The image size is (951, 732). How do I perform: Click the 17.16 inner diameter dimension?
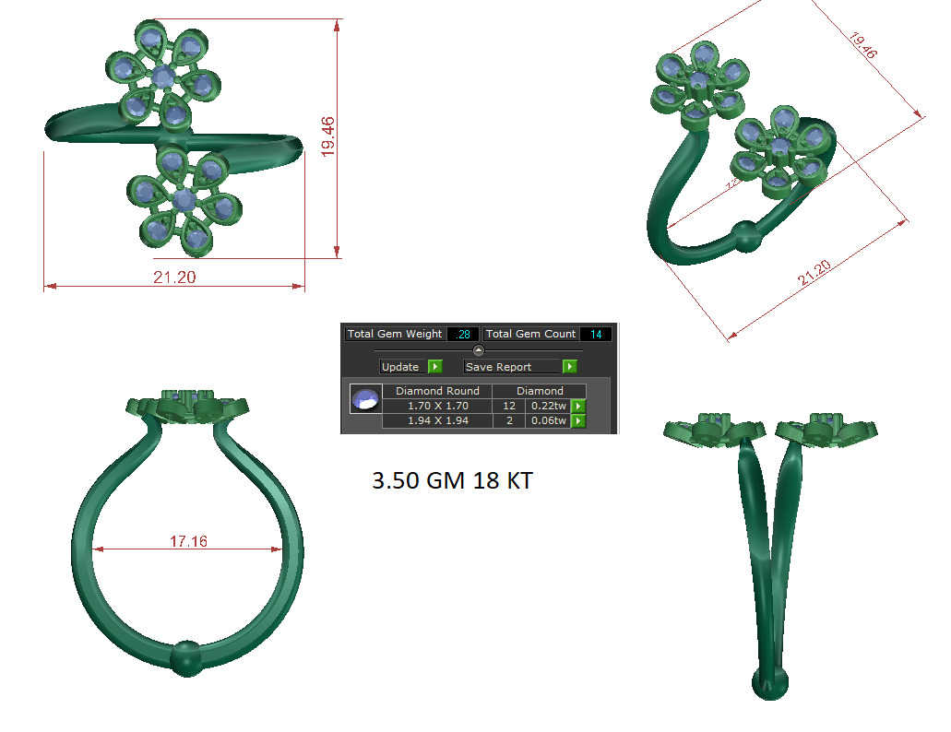coord(188,542)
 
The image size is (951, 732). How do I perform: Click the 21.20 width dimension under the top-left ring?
coord(174,277)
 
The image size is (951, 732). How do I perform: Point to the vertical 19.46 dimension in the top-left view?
coord(327,136)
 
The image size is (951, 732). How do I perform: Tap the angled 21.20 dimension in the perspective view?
coord(814,273)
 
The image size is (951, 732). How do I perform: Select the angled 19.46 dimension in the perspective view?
coord(863,47)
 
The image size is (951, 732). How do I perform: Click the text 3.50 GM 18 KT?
coord(452,480)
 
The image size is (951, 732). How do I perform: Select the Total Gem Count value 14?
coord(595,334)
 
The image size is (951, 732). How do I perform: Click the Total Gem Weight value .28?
coord(462,334)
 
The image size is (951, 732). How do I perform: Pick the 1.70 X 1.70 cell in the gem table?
coord(437,406)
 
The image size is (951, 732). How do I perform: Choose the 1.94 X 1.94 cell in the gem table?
coord(437,420)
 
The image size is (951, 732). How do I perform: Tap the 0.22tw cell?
coord(548,406)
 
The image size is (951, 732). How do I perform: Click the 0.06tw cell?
coord(548,420)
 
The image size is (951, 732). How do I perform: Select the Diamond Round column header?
coord(437,391)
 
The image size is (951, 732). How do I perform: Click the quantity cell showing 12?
coord(508,406)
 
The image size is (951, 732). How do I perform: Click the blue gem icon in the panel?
coord(365,400)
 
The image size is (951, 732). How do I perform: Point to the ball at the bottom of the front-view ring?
coord(186,657)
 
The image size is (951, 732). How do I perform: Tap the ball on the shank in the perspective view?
coord(748,236)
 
